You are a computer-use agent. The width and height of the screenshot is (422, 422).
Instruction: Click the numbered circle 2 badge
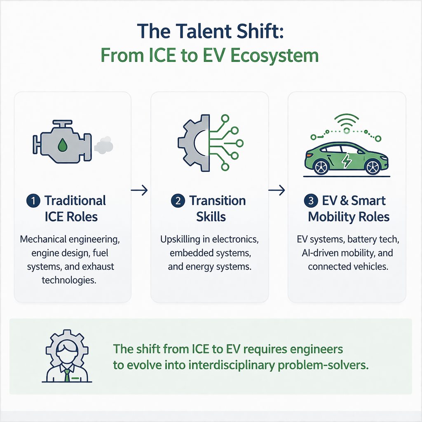tap(177, 201)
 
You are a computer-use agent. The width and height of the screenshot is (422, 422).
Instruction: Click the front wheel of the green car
tap(373, 166)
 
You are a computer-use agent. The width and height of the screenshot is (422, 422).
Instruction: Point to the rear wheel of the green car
tap(321, 166)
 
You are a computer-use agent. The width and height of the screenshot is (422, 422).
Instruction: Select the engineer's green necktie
tap(66, 375)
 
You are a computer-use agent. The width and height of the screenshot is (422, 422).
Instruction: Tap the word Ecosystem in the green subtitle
tap(281, 55)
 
